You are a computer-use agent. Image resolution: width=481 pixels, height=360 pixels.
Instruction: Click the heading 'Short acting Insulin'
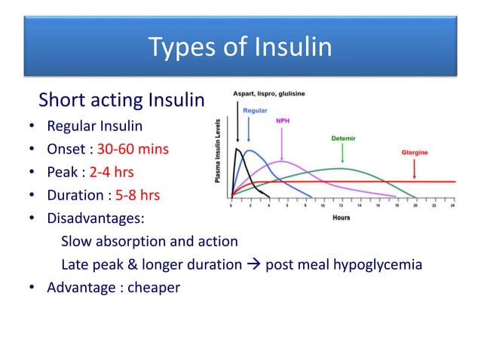click(121, 100)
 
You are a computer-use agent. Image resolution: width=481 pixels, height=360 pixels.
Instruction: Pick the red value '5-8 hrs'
click(137, 196)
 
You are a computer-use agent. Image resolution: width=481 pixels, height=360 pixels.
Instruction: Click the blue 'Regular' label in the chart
click(255, 110)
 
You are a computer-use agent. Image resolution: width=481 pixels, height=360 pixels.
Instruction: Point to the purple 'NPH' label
click(283, 120)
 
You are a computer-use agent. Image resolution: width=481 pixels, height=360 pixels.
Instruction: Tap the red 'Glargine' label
click(414, 151)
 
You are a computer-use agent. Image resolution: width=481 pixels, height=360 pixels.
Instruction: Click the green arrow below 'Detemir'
click(343, 153)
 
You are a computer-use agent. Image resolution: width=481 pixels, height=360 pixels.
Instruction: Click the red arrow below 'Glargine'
click(414, 167)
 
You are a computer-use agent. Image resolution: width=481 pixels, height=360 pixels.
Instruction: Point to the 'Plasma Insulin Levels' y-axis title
click(218, 151)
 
